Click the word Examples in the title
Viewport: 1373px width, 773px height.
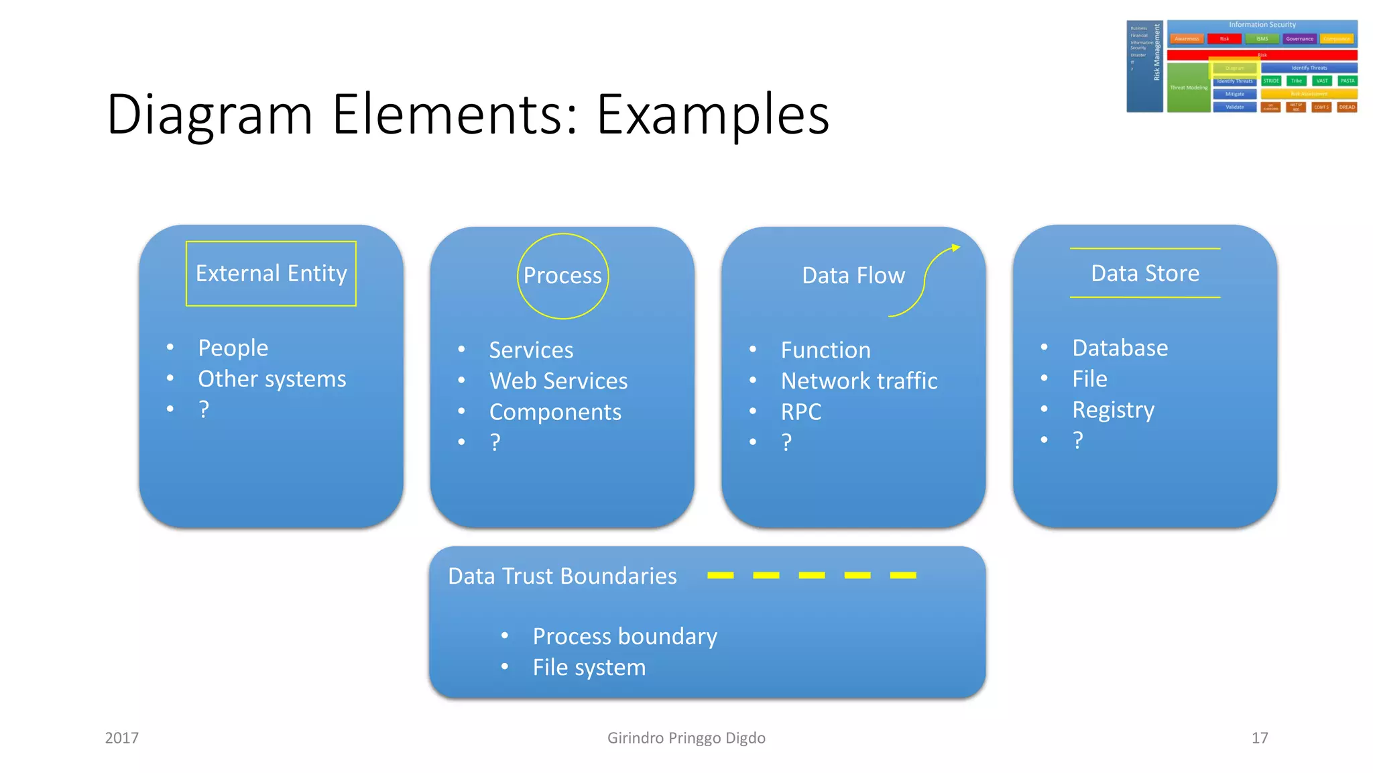[713, 115]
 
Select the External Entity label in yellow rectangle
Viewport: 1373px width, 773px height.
[271, 274]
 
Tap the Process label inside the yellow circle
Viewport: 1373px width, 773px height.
[562, 276]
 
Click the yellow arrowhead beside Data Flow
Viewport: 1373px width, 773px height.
[955, 248]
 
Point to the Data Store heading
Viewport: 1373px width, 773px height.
[1144, 274]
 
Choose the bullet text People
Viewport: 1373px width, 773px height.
[233, 348]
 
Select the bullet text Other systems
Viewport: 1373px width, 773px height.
[272, 379]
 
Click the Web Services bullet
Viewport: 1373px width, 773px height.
[558, 381]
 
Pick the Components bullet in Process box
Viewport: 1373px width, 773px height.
[555, 412]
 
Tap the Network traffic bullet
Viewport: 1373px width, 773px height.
[859, 381]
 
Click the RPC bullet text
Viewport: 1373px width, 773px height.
[800, 412]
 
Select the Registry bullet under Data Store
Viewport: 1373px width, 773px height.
[1113, 410]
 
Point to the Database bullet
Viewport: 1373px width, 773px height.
[1120, 348]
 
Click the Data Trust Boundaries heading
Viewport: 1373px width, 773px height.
[562, 576]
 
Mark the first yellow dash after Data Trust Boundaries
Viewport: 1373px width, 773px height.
[720, 576]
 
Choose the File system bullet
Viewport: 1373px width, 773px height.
[589, 668]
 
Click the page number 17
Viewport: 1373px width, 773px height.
[1259, 738]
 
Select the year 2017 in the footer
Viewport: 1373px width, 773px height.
[121, 738]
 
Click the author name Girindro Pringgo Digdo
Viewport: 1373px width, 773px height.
[686, 738]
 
